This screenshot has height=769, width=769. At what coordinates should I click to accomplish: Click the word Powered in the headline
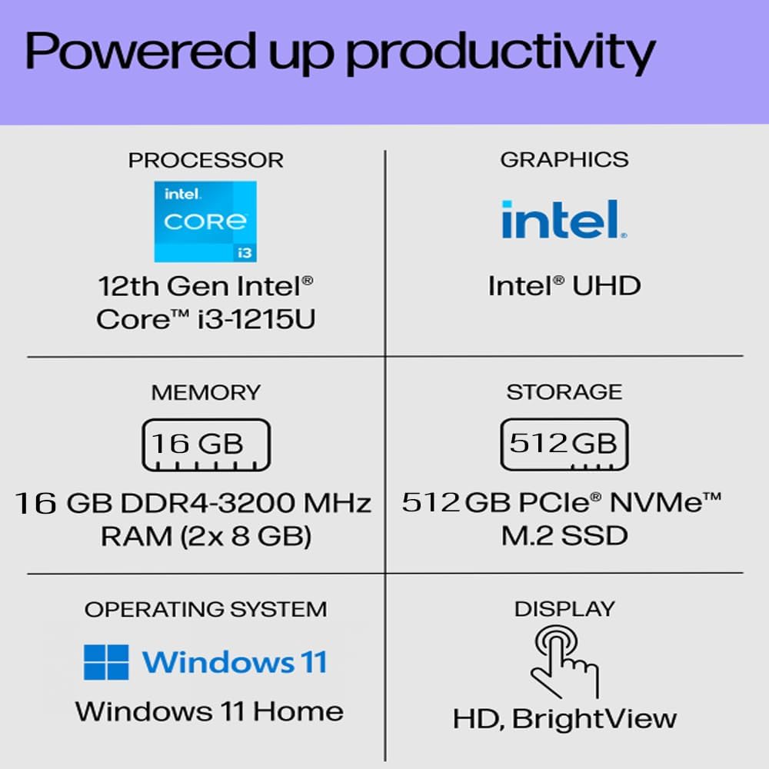tap(141, 50)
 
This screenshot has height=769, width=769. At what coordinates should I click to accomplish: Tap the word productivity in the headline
tap(501, 54)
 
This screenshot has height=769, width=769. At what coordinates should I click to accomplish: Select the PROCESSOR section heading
tap(206, 161)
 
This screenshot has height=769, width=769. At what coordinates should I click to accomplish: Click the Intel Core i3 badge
tap(205, 221)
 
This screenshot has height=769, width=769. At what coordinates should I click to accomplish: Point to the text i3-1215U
tap(257, 319)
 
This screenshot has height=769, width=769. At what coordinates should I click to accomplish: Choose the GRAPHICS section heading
tap(564, 160)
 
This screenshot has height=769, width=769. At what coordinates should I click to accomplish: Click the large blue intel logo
tap(564, 219)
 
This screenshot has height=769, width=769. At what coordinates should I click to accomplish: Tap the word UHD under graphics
tap(607, 285)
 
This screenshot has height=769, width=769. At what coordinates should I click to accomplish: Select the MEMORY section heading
tap(206, 392)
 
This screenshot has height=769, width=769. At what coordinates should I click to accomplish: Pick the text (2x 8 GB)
tap(246, 535)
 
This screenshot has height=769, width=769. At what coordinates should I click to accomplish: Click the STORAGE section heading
tap(564, 392)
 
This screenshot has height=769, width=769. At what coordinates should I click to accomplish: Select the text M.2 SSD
tap(564, 535)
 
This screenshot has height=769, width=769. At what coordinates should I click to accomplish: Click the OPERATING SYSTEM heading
tap(206, 609)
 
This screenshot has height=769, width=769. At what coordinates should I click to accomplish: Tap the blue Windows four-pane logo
tap(106, 662)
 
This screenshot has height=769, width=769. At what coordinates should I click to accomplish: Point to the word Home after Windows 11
tap(298, 711)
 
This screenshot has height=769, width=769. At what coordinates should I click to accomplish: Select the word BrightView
tap(594, 720)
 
